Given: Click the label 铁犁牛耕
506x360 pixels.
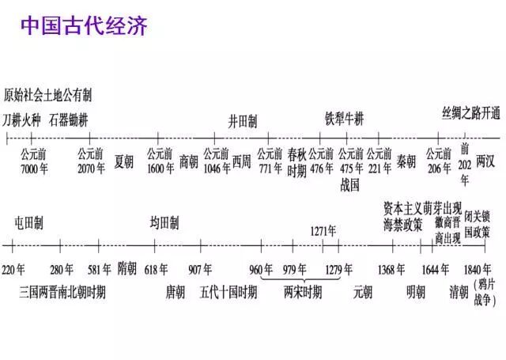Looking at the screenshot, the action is click(345, 119).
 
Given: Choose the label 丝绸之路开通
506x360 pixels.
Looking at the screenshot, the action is click(471, 113).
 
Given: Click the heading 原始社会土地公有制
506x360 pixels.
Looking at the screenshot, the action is click(47, 96).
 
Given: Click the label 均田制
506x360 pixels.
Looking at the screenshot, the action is click(164, 222).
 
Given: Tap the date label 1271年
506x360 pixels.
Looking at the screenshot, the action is click(323, 231).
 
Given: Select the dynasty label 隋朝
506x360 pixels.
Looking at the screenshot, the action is click(126, 267).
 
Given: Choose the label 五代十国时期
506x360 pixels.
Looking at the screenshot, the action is click(228, 291).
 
